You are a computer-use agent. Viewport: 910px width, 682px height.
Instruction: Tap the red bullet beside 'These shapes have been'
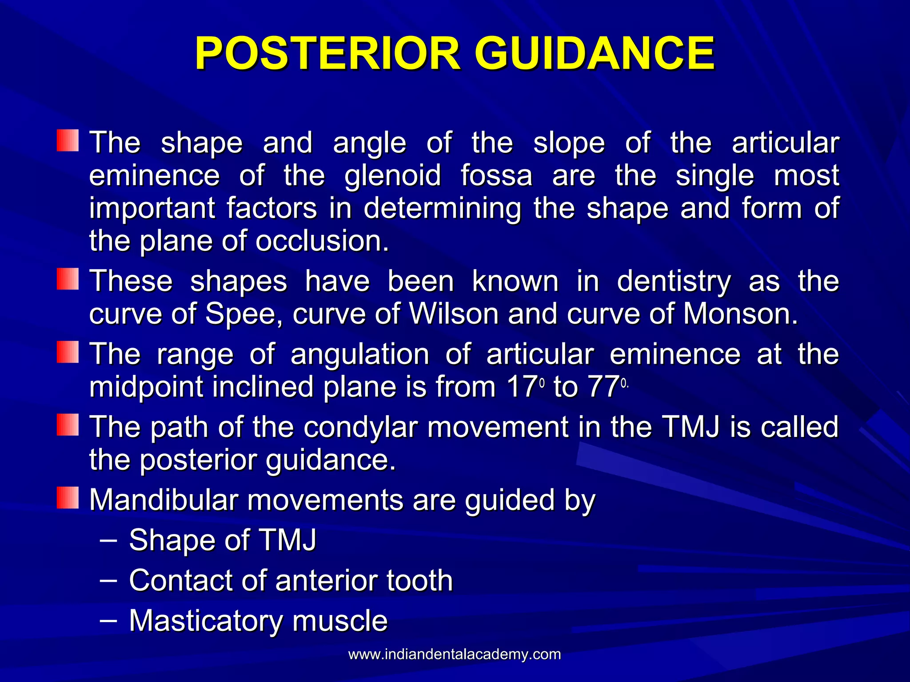click(68, 279)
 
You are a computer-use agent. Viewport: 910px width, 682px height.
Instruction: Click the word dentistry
click(674, 282)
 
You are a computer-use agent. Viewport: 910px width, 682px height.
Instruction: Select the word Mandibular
click(164, 500)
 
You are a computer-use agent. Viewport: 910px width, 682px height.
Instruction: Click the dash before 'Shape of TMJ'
click(109, 540)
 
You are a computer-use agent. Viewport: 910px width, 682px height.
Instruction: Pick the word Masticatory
click(205, 621)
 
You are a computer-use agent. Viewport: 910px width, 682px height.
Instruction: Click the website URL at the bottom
click(455, 654)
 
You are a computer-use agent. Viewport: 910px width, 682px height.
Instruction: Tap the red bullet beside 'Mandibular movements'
click(68, 498)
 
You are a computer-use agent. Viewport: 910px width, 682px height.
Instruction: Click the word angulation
click(359, 355)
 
